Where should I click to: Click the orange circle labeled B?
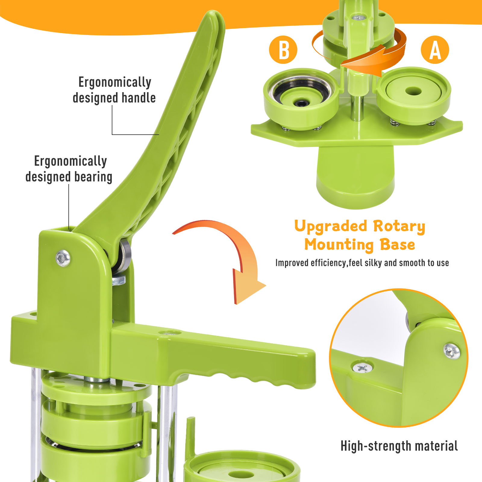(283, 50)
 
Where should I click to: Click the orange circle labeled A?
(435, 50)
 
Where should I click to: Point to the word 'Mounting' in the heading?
(339, 245)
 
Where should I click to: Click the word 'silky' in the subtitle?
(374, 263)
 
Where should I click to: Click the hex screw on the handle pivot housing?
(63, 258)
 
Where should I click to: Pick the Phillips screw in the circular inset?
(363, 368)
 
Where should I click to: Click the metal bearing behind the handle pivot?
(124, 255)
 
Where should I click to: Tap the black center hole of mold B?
(301, 103)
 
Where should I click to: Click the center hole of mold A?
(413, 91)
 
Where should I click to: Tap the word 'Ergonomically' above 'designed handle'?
(115, 82)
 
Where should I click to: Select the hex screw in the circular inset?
(452, 351)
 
